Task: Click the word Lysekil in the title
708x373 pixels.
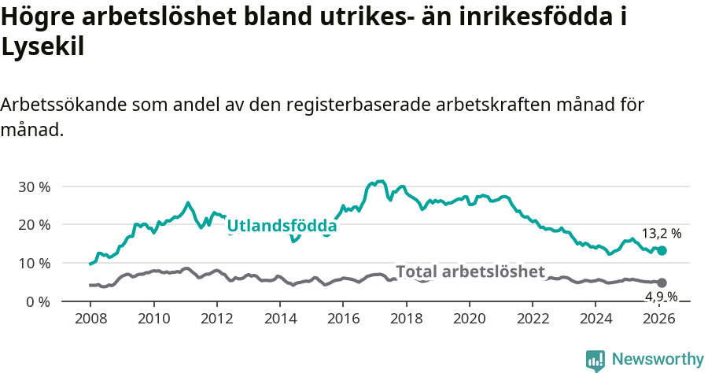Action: [42, 47]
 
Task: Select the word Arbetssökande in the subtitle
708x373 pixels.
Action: [64, 105]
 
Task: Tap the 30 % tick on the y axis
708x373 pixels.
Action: [34, 186]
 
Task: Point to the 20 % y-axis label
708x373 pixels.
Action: [34, 225]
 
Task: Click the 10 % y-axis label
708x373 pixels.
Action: [34, 263]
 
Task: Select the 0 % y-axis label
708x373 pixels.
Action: [38, 301]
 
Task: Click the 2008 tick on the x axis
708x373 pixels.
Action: [90, 319]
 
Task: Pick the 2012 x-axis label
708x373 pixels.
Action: [216, 319]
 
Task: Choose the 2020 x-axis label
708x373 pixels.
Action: [469, 319]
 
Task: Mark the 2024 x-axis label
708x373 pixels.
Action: [596, 319]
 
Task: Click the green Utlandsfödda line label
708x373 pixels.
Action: [282, 227]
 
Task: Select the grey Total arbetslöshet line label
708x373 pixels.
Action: [470, 272]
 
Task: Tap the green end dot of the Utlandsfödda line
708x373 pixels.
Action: [662, 250]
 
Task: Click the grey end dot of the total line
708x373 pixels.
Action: [662, 283]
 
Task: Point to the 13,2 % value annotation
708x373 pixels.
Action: [661, 234]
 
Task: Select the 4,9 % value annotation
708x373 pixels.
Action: [661, 297]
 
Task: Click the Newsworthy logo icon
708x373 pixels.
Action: [596, 360]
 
